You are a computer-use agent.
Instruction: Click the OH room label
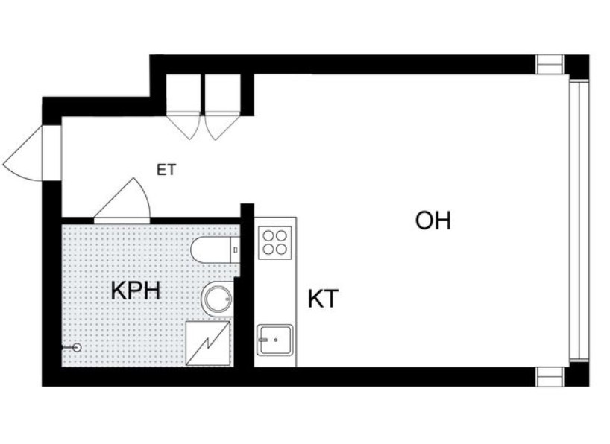click(433, 221)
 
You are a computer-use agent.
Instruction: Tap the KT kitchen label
click(323, 299)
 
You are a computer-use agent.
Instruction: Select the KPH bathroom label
click(136, 291)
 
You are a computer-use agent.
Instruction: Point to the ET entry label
click(166, 170)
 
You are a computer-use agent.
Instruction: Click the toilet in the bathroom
click(215, 250)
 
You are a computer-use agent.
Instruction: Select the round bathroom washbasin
click(218, 299)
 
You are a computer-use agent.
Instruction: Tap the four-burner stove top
click(275, 243)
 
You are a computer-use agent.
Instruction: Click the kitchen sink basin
click(274, 340)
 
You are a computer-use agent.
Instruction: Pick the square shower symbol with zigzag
click(208, 343)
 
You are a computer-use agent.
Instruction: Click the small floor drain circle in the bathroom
click(77, 348)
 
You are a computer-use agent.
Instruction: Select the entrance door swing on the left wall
click(32, 153)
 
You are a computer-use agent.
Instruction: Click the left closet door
click(183, 126)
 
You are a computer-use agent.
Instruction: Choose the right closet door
click(221, 126)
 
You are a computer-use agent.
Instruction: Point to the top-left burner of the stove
click(268, 236)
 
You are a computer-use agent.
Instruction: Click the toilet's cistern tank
click(236, 250)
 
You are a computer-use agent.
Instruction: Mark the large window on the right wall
click(579, 221)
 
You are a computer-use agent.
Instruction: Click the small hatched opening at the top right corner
click(550, 65)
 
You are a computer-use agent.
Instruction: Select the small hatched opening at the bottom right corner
click(550, 377)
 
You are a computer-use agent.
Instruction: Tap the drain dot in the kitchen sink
click(275, 340)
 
